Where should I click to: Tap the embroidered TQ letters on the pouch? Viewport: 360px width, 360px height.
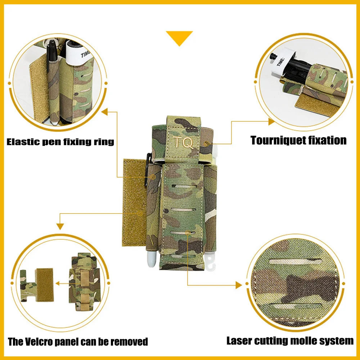point(183,143)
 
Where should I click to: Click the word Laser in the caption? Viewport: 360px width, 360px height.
point(239,341)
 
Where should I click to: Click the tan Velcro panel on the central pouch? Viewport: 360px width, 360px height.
point(135,202)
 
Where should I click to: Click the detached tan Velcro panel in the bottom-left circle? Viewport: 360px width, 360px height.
point(45,285)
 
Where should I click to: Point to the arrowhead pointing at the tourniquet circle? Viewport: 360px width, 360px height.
point(271,122)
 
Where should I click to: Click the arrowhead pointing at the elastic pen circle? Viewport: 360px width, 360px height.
point(105,112)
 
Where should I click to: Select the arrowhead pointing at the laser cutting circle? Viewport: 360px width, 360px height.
point(239,285)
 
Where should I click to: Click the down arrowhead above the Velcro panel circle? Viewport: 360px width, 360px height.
point(60,226)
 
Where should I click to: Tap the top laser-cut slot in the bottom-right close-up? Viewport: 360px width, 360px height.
point(295,262)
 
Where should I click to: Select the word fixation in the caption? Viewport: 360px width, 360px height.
point(327,140)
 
